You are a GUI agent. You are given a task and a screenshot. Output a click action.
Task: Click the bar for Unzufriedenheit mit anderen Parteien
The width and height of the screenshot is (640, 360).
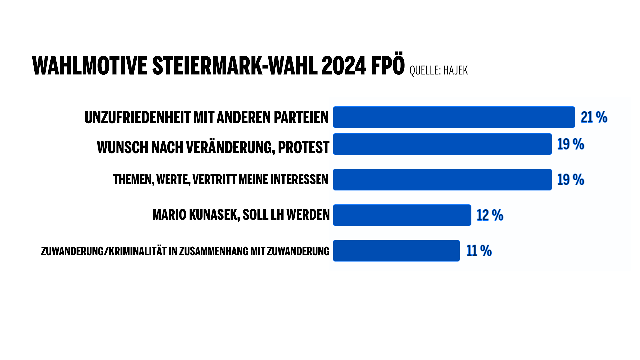coord(454,117)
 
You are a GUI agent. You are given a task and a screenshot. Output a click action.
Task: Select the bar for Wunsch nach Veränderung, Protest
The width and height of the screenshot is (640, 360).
coord(442,144)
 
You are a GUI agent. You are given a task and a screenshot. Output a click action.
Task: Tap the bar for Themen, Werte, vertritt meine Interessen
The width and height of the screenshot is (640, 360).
coord(442,180)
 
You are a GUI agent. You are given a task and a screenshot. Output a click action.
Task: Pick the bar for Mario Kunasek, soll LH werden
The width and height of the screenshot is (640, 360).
coord(402,215)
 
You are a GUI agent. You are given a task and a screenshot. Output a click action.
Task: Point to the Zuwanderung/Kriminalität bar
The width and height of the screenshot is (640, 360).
coord(396,251)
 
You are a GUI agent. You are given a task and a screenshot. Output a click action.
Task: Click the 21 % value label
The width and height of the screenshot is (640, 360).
coord(594,117)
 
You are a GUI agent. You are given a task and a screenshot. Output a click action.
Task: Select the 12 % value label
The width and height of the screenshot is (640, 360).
coord(490,215)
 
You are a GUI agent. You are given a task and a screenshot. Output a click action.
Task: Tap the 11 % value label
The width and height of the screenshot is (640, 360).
coord(479,251)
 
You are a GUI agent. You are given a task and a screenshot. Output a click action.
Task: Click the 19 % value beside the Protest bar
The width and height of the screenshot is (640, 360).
coord(571,144)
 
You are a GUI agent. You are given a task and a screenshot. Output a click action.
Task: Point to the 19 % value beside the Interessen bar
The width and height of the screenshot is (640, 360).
coord(571,180)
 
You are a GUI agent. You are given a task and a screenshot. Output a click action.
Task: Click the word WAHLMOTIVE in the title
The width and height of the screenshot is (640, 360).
coord(90,66)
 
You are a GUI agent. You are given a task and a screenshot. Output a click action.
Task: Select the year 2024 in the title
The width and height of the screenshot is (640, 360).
coord(344,66)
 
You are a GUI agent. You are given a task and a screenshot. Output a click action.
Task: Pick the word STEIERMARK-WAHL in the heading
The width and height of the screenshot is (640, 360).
coord(235,66)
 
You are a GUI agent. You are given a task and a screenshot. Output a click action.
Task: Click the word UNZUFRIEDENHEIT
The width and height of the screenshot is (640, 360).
coord(137,117)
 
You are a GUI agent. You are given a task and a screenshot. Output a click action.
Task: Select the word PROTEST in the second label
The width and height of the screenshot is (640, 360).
coord(303,147)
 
